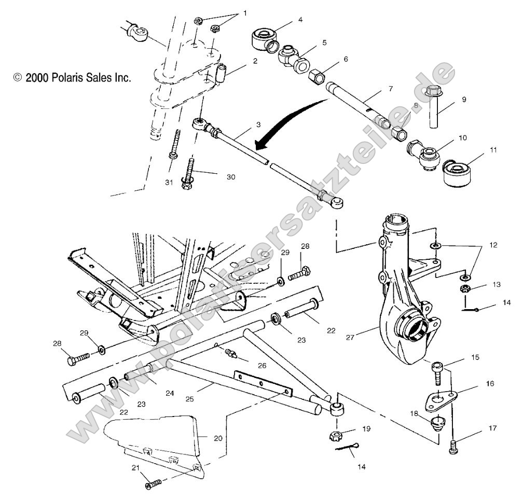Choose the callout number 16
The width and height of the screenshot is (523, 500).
pos(490,384)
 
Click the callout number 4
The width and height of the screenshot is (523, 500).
pos(300,20)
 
